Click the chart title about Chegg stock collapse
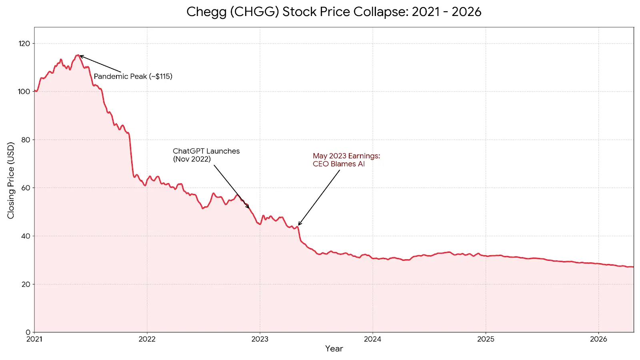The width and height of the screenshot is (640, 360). (x=334, y=12)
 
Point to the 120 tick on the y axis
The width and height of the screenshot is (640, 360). (x=24, y=44)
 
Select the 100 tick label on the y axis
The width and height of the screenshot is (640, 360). (x=24, y=92)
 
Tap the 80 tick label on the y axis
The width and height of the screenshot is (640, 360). (x=25, y=140)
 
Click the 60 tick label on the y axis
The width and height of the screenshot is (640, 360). (x=25, y=188)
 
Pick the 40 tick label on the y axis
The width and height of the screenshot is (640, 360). (x=25, y=236)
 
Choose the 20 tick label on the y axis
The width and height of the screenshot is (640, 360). (x=25, y=284)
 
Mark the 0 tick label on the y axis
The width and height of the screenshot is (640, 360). (x=28, y=332)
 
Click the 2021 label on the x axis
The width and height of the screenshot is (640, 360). (x=34, y=339)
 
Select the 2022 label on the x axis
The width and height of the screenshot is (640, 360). (x=147, y=339)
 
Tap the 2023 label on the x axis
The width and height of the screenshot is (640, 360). (x=260, y=339)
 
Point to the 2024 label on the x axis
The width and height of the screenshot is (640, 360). (x=372, y=339)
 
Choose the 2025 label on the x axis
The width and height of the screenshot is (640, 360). (x=486, y=339)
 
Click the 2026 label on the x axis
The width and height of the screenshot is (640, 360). (x=598, y=339)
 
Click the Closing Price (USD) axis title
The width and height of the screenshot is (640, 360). (x=11, y=180)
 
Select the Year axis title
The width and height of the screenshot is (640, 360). (x=334, y=348)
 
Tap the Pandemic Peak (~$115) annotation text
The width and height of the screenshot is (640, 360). (x=133, y=76)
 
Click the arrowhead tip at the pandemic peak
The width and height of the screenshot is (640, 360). (x=80, y=56)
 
